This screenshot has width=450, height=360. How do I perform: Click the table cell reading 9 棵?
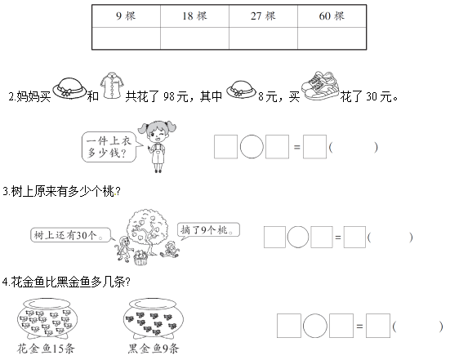[x=126, y=16]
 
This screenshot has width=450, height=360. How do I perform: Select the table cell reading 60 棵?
[x=332, y=16]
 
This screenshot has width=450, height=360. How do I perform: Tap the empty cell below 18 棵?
[x=194, y=38]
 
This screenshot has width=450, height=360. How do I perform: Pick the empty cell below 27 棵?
[x=263, y=38]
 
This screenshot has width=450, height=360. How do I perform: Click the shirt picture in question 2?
[x=112, y=86]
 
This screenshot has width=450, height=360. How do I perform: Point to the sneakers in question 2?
[x=320, y=86]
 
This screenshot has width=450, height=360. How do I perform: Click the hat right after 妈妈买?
[x=69, y=88]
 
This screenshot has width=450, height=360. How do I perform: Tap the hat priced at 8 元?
[x=241, y=89]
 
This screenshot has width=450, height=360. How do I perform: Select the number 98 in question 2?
[x=169, y=96]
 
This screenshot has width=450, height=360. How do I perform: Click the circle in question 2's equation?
[x=252, y=147]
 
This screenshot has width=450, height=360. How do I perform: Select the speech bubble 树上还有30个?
[x=71, y=235]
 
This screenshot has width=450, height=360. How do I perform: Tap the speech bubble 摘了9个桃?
[x=208, y=230]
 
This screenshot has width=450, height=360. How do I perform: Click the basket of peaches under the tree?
[x=140, y=258]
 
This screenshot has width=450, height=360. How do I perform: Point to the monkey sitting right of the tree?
[x=170, y=249]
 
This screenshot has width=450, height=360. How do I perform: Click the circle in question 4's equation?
[x=314, y=326]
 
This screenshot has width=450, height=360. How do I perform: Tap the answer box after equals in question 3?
[x=354, y=237]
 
